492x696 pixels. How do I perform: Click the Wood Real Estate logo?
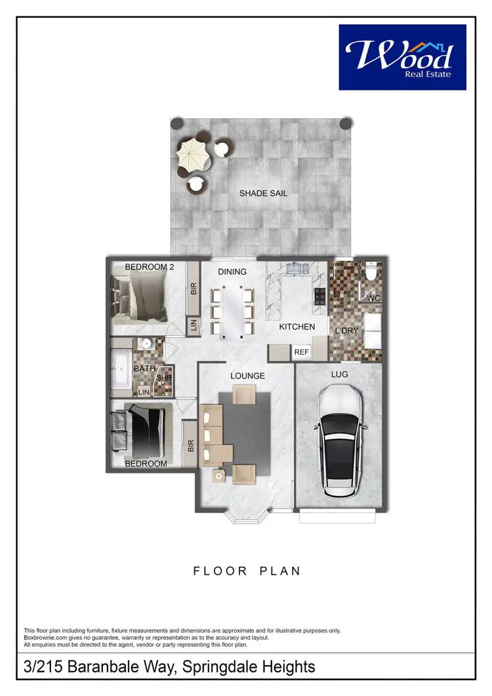pyautogui.click(x=402, y=57)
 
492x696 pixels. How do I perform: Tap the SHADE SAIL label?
pyautogui.click(x=263, y=194)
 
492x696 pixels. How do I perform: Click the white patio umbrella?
pyautogui.click(x=192, y=154)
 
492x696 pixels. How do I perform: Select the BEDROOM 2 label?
pyautogui.click(x=150, y=266)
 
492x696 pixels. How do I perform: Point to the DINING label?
pyautogui.click(x=232, y=272)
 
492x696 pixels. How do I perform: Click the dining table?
pyautogui.click(x=232, y=311)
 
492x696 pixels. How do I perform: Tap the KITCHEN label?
pyautogui.click(x=297, y=326)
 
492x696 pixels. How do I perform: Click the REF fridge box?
pyautogui.click(x=301, y=352)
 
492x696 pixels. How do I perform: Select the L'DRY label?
pyautogui.click(x=347, y=331)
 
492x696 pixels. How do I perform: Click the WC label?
pyautogui.click(x=373, y=298)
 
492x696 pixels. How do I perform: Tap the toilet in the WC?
pyautogui.click(x=371, y=272)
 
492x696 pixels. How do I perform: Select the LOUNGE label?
pyautogui.click(x=247, y=376)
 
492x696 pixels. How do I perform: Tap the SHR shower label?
pyautogui.click(x=164, y=379)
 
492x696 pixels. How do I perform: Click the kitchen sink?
pyautogui.click(x=298, y=268)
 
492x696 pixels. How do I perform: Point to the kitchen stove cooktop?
pyautogui.click(x=320, y=297)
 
